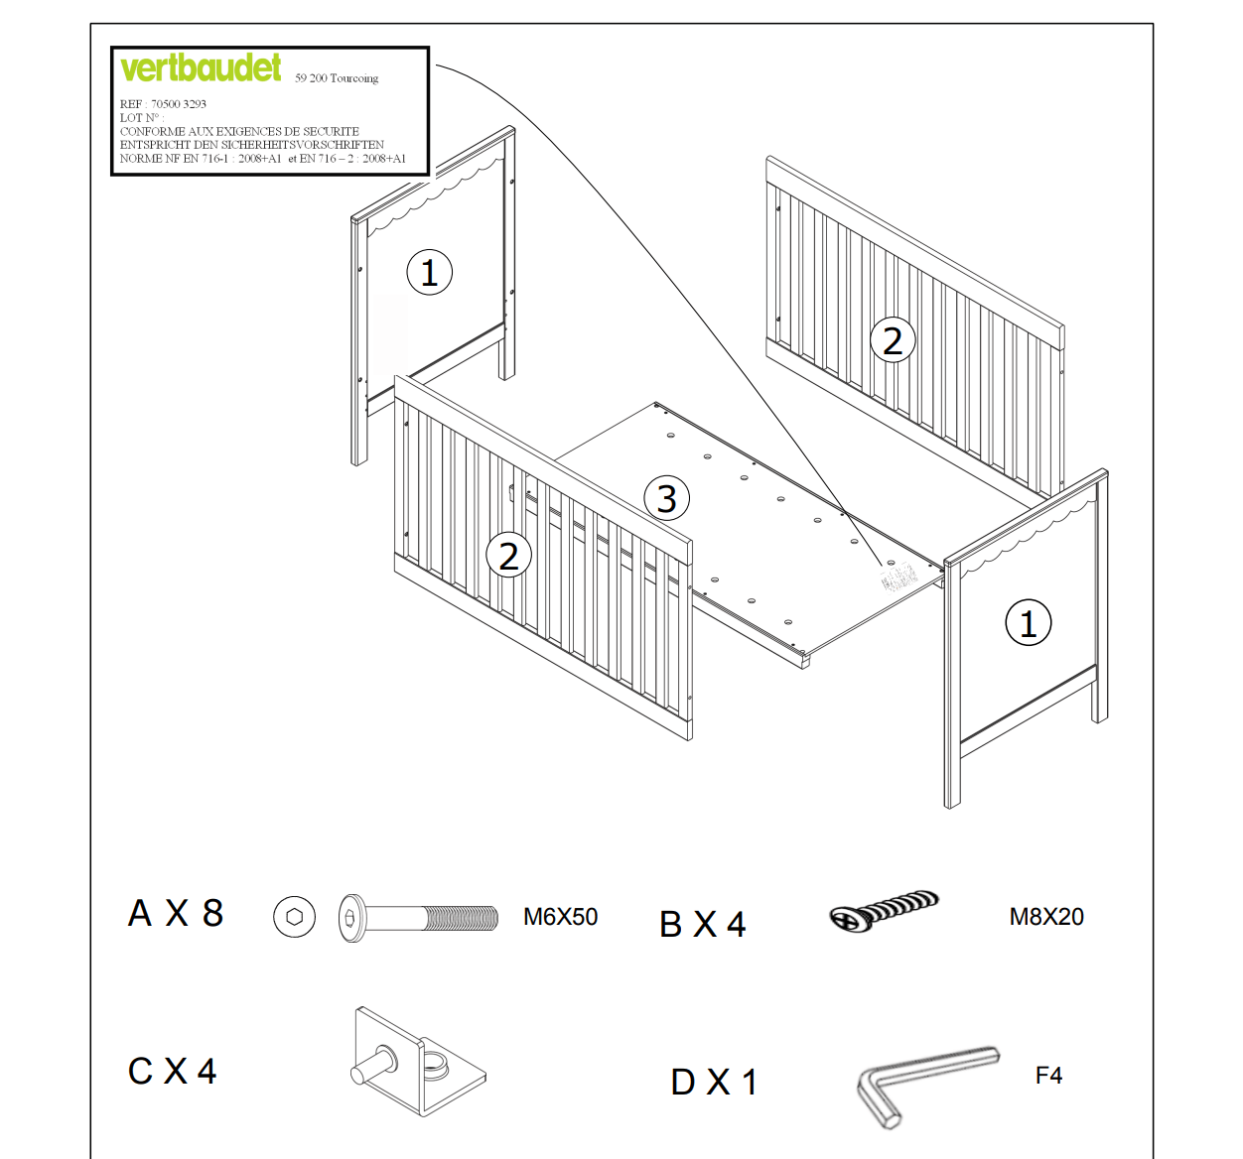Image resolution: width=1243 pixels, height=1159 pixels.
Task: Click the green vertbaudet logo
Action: [201, 67]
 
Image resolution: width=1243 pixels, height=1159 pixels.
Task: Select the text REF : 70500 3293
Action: [163, 104]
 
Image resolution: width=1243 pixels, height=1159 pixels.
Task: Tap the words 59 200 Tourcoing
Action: [337, 78]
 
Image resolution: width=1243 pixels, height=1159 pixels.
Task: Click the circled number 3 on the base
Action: [667, 498]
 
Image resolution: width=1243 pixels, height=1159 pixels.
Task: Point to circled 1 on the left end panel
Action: [429, 272]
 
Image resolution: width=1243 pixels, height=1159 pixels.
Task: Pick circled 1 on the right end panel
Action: [1028, 623]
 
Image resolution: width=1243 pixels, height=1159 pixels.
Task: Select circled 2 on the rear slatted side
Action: [892, 340]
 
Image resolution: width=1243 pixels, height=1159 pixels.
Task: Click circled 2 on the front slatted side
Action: [508, 556]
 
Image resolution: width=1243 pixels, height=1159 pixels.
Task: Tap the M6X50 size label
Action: [560, 917]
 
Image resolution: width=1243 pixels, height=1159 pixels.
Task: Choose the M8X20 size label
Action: [1046, 917]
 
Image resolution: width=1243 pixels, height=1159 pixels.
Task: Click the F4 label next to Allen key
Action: [1048, 1076]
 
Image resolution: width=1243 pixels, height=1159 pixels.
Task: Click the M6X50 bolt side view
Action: [418, 917]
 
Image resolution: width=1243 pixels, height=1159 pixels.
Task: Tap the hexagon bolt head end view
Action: [294, 917]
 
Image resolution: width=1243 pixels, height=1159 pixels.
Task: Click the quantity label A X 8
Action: [176, 913]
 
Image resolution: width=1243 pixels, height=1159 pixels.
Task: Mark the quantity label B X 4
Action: [702, 925]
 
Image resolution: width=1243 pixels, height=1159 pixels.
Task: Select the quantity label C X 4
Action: [172, 1072]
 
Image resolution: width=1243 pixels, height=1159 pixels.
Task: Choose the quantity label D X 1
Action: [714, 1082]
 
